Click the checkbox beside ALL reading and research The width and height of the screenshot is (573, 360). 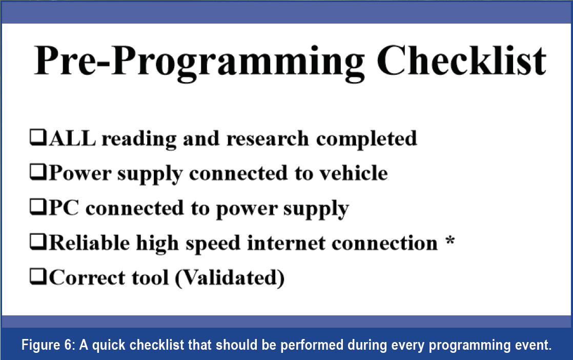point(38,138)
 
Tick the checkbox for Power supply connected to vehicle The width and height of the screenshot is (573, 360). point(38,172)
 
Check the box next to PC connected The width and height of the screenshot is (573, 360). point(38,207)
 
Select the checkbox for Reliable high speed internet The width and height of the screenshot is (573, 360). point(38,242)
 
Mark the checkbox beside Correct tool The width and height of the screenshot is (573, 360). point(38,277)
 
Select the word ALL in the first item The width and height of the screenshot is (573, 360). point(72,138)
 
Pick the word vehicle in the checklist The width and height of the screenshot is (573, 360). point(354,173)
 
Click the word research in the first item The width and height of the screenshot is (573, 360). point(268,139)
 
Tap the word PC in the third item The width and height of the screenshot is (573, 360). point(64,208)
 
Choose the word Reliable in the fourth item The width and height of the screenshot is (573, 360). point(89,243)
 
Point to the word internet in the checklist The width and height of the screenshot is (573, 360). point(286,243)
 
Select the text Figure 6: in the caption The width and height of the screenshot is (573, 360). point(48,345)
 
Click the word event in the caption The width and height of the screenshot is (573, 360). point(533,345)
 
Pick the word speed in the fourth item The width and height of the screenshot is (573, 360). point(213,244)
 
